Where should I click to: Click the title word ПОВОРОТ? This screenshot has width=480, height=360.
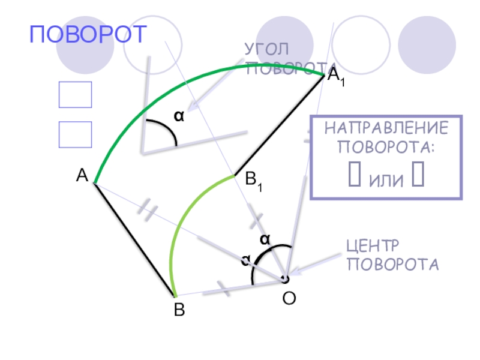88,35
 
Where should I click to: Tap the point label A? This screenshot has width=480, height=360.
82,175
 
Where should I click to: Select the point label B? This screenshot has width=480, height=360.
179,310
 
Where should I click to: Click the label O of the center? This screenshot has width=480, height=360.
289,298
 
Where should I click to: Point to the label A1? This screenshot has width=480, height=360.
335,77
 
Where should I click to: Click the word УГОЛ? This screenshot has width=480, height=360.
266,49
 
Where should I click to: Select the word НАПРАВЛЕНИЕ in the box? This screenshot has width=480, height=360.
386,128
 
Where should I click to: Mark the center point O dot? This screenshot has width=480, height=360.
286,279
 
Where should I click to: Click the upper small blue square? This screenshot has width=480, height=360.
75,95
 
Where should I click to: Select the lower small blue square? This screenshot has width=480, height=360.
75,134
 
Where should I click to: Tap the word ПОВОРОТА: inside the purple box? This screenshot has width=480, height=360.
386,147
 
